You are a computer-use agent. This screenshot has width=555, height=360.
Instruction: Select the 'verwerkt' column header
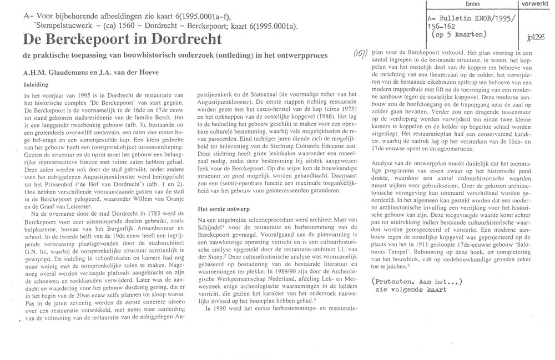533,4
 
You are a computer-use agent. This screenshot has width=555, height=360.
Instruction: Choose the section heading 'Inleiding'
36,85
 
